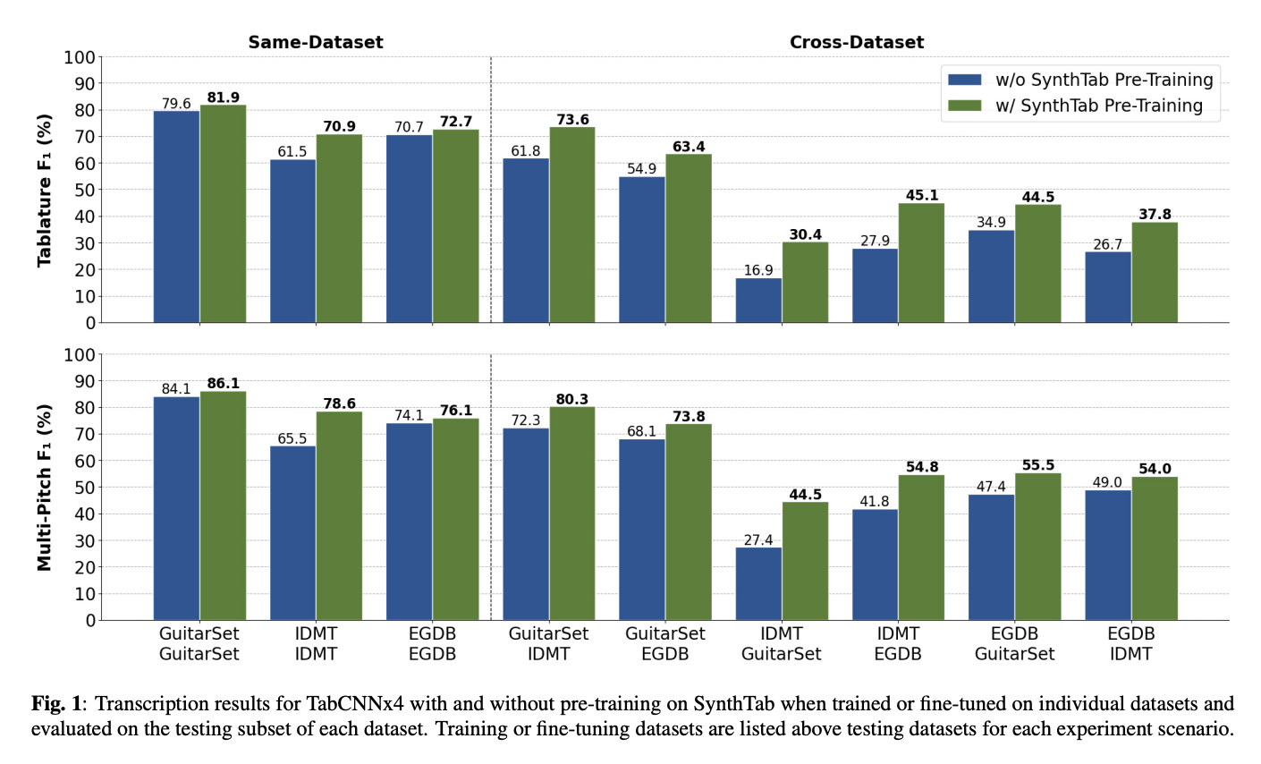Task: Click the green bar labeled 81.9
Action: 224,214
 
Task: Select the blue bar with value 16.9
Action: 758,301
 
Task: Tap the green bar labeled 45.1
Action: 921,263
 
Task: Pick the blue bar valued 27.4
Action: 758,584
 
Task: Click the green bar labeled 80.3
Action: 572,514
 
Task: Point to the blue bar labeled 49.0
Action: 1107,555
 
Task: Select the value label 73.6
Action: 572,120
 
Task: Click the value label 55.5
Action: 1037,465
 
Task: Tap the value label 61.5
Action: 292,152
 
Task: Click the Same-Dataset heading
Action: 316,42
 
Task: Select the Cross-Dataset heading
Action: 856,42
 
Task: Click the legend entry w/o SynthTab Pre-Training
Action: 1104,80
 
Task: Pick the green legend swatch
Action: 965,106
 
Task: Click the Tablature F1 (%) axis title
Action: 45,190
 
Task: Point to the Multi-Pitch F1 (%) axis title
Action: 45,488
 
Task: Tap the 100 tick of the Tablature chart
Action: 80,58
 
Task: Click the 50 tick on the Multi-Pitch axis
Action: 85,488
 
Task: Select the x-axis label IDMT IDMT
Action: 316,643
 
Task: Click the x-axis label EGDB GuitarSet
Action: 1014,643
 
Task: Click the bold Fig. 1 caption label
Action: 61,704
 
